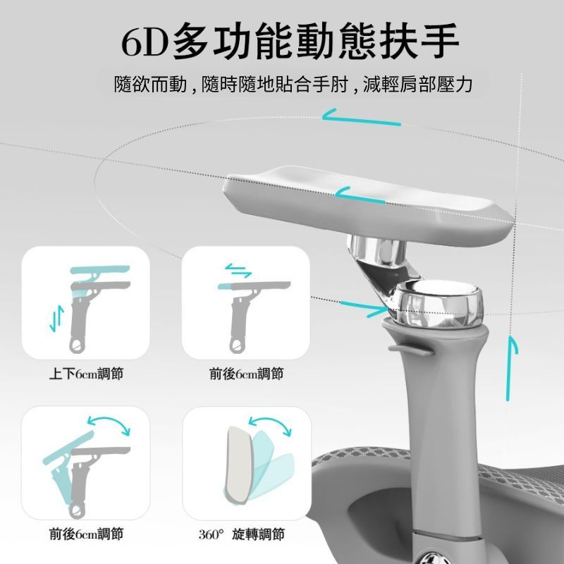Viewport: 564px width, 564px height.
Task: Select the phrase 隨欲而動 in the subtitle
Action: (150, 85)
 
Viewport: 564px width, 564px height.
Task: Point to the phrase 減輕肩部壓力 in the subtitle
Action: (417, 85)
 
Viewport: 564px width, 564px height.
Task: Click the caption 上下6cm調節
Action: (86, 374)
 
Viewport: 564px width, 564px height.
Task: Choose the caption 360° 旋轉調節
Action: (241, 534)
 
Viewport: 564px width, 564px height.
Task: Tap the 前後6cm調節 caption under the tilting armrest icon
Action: (86, 534)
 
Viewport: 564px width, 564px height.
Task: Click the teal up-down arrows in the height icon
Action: (57, 319)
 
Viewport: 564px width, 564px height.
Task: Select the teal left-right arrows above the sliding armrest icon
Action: (238, 271)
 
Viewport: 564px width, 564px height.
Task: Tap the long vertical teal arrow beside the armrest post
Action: (509, 367)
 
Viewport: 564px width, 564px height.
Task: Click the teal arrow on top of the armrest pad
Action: (360, 195)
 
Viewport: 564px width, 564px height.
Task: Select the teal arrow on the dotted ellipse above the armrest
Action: (361, 117)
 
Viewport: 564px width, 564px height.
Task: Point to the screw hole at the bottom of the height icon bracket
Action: (78, 346)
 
